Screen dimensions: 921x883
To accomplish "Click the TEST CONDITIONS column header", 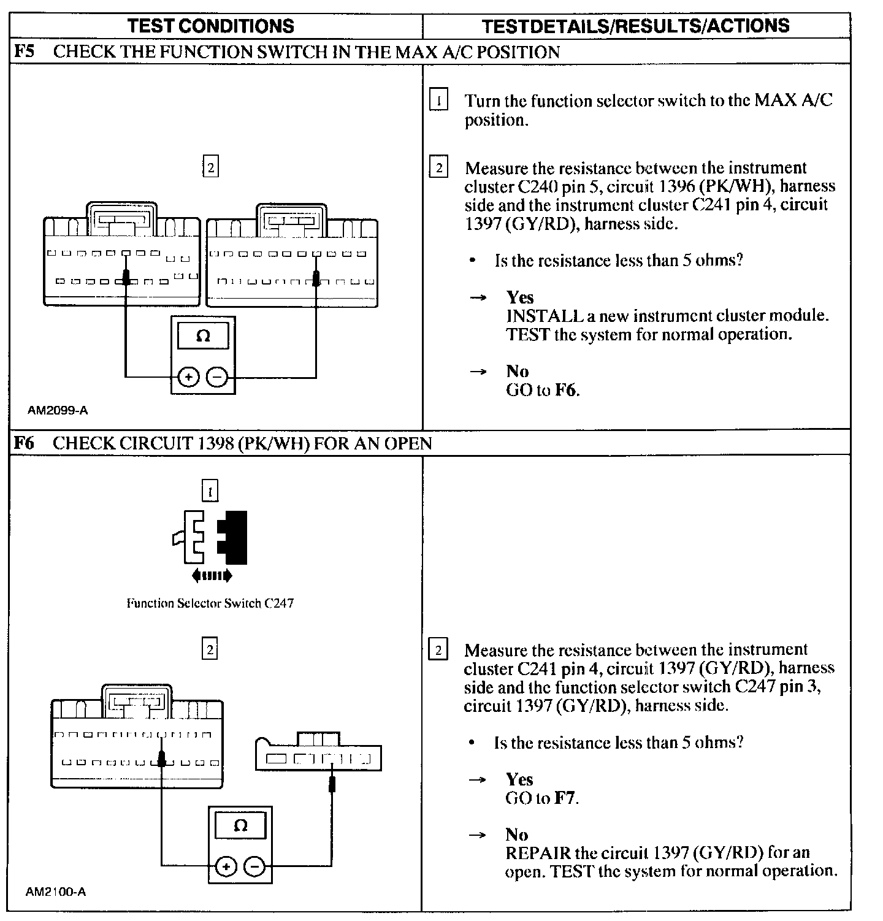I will pyautogui.click(x=211, y=26).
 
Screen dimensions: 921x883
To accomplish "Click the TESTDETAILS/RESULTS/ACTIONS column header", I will pyautogui.click(x=635, y=26).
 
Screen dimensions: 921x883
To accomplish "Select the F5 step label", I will pyautogui.click(x=25, y=52).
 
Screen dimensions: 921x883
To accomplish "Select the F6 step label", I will pyautogui.click(x=25, y=443).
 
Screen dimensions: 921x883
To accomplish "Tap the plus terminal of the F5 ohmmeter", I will pyautogui.click(x=188, y=377).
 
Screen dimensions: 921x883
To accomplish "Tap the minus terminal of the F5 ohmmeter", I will pyautogui.click(x=216, y=377).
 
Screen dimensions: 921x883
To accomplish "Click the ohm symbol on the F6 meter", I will pyautogui.click(x=240, y=826).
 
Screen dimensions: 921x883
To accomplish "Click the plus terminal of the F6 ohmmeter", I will pyautogui.click(x=226, y=866).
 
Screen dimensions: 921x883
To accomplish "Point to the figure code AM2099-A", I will pyautogui.click(x=58, y=410).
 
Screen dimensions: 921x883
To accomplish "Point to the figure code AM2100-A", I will pyautogui.click(x=56, y=892).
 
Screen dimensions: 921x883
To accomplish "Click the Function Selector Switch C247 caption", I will pyautogui.click(x=210, y=603).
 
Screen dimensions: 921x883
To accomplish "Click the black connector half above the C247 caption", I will pyautogui.click(x=235, y=537).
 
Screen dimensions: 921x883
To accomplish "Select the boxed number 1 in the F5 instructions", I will pyautogui.click(x=438, y=99).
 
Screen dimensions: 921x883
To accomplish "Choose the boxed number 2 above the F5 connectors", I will pyautogui.click(x=210, y=167).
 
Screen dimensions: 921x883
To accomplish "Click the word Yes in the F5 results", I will pyautogui.click(x=520, y=297).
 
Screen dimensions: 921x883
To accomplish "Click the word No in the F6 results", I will pyautogui.click(x=516, y=835).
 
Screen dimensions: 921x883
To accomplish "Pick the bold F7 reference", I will pyautogui.click(x=565, y=798).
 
